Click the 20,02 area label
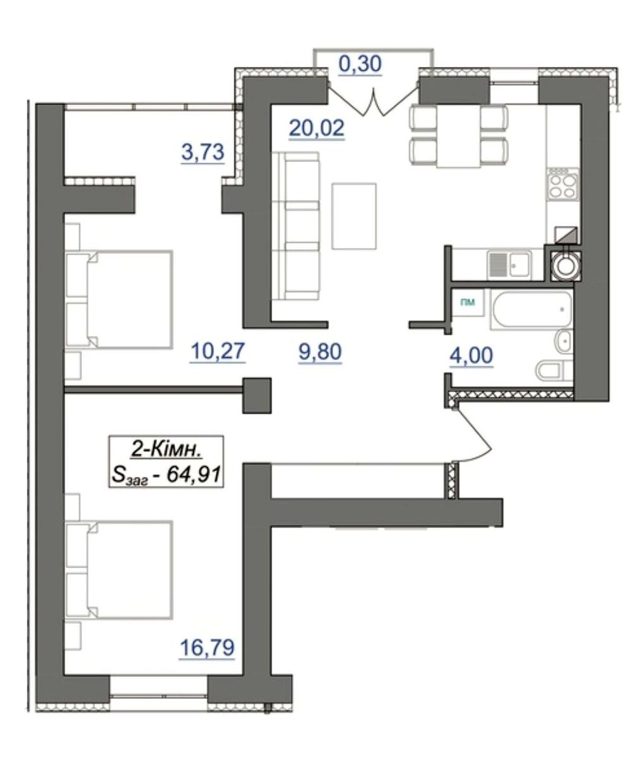[x=317, y=128]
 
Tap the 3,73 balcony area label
[x=202, y=152]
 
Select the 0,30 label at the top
[x=360, y=64]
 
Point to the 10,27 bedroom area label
[x=217, y=351]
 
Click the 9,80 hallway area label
[x=320, y=352]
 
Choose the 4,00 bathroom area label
[x=472, y=355]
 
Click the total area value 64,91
[x=193, y=475]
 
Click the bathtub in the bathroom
[x=530, y=310]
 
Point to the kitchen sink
[x=509, y=264]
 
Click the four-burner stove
[x=563, y=186]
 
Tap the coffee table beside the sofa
[x=354, y=216]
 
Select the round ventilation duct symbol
[x=566, y=266]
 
